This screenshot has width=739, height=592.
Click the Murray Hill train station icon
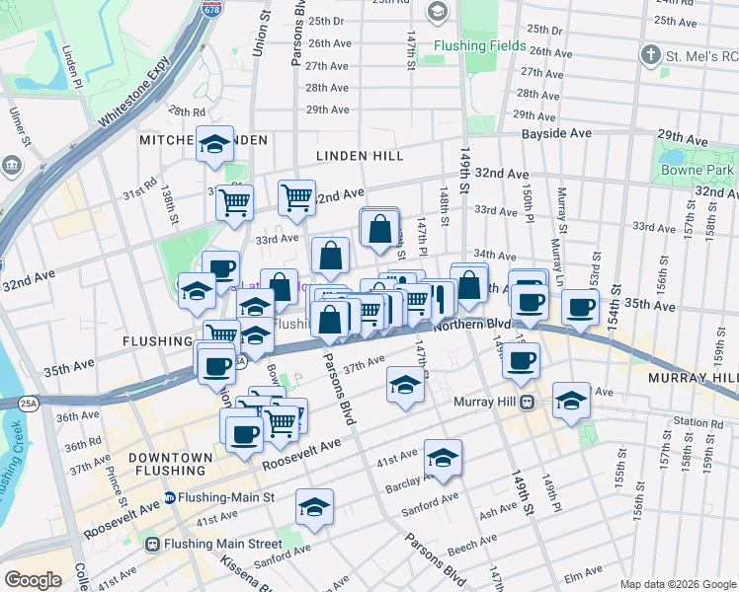(x=529, y=402)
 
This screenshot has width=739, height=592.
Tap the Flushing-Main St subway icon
(x=171, y=497)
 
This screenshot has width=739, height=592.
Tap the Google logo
(x=33, y=580)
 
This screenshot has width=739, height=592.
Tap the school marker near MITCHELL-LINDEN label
(x=214, y=144)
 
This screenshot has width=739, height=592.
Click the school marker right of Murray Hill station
(x=571, y=400)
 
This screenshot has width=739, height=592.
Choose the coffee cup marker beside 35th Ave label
(x=580, y=306)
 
